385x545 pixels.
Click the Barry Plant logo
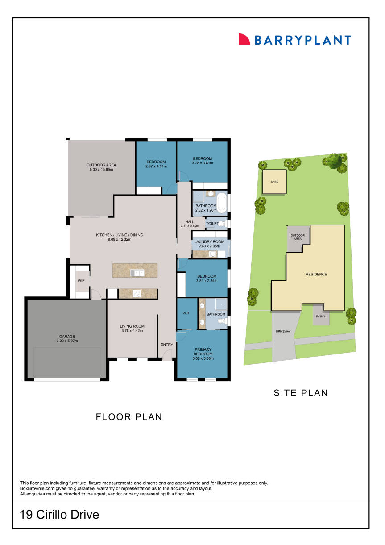coord(294,40)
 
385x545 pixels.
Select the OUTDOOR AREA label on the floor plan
coord(101,165)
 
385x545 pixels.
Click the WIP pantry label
coord(81,281)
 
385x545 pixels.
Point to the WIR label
coord(186,313)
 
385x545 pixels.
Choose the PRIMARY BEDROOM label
coord(203,349)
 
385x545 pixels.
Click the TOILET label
coord(212,223)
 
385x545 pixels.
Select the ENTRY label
coord(166,345)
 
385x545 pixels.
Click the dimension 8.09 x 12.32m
coord(120,240)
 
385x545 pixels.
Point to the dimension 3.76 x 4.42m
coord(132,331)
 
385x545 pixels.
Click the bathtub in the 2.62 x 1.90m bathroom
coord(222,202)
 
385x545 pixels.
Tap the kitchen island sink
coord(137,272)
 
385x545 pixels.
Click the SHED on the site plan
coord(274,182)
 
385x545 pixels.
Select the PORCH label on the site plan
coord(321,316)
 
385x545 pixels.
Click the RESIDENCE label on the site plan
coord(316,275)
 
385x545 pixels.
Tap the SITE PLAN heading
coord(300,393)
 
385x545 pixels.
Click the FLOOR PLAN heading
coord(128,417)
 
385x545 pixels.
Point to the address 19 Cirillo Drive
coord(59,515)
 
